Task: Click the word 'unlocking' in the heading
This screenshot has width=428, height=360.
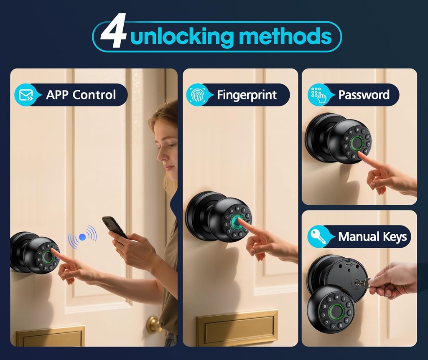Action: pyautogui.click(x=182, y=37)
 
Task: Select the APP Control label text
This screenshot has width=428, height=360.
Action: pyautogui.click(x=81, y=95)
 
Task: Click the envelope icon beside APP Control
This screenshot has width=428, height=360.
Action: pyautogui.click(x=25, y=95)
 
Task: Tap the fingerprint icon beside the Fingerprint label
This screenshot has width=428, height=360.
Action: pyautogui.click(x=197, y=95)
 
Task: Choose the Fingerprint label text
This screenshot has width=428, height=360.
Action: pyautogui.click(x=247, y=95)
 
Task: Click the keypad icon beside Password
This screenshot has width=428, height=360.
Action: pyautogui.click(x=318, y=95)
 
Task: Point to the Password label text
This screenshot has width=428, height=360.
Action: pyautogui.click(x=364, y=95)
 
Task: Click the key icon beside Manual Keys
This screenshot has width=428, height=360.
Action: pyautogui.click(x=318, y=237)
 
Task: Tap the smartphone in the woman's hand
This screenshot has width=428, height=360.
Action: pyautogui.click(x=113, y=226)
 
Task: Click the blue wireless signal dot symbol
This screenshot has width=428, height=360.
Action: pyautogui.click(x=82, y=237)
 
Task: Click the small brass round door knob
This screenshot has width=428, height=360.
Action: pyautogui.click(x=153, y=324)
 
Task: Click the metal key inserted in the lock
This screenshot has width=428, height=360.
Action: pyautogui.click(x=362, y=283)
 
